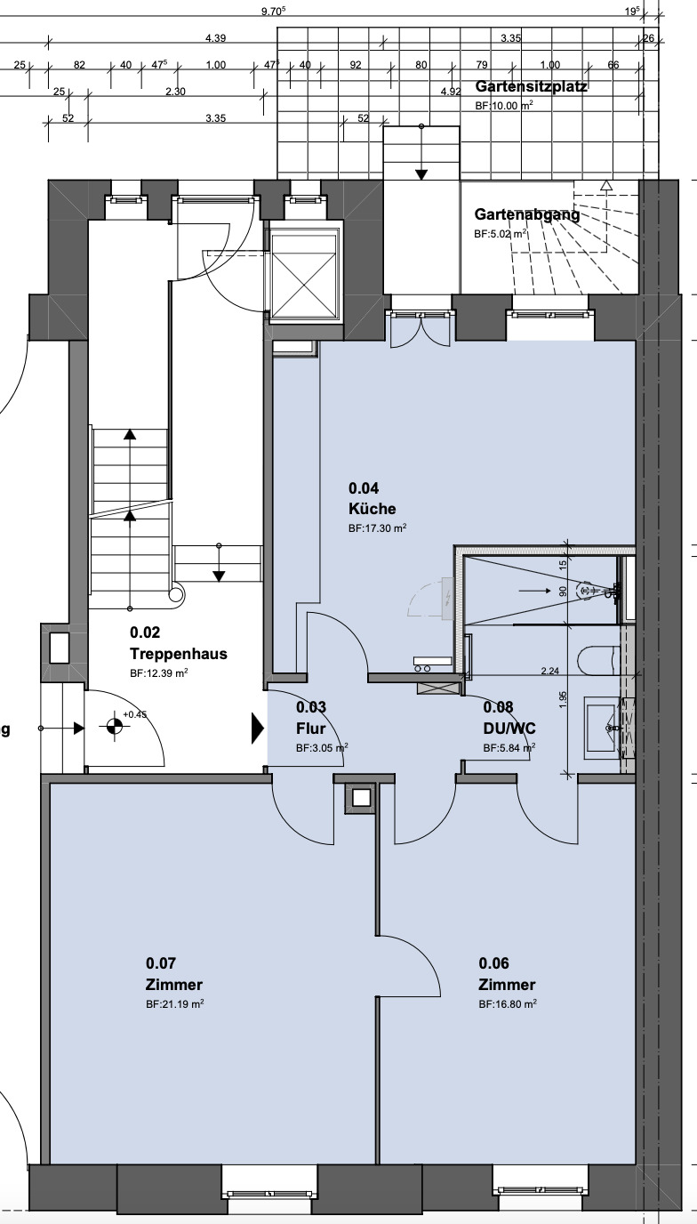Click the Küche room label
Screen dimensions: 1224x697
tap(372, 509)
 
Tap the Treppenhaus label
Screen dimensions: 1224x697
tap(178, 654)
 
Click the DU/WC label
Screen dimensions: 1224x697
tap(509, 728)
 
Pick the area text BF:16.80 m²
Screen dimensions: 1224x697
tap(508, 1004)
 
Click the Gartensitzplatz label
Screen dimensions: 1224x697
tap(531, 87)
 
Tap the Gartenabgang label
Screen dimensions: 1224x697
tap(526, 214)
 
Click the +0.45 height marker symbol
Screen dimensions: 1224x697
tap(113, 727)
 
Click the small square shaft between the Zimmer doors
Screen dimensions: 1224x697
tap(361, 798)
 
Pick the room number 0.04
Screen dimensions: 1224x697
tap(364, 487)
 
